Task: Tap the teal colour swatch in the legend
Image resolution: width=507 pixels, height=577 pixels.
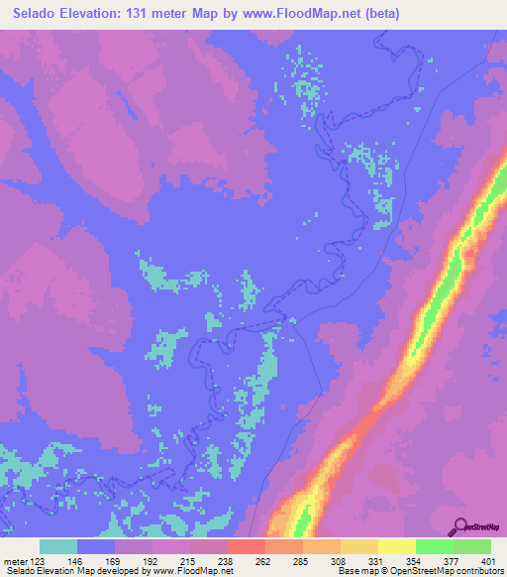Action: coord(59,546)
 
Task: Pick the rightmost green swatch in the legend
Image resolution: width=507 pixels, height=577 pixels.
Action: coord(472,546)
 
